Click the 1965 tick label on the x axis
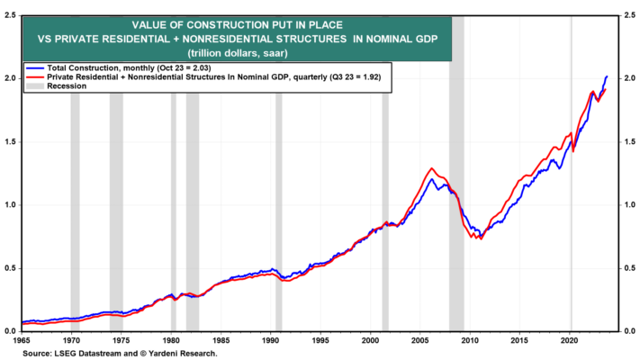(x=22, y=340)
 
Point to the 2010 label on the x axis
(x=470, y=340)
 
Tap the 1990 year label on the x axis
(x=271, y=340)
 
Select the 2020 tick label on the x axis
(x=570, y=340)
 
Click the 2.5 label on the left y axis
(x=10, y=15)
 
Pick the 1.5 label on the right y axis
(x=629, y=141)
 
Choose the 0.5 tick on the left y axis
(x=10, y=268)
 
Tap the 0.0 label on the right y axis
(x=629, y=331)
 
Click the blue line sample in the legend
(x=35, y=68)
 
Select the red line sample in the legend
(x=35, y=77)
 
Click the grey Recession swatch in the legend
(x=35, y=86)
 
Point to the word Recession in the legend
(x=67, y=86)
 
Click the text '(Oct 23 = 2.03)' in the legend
(x=184, y=68)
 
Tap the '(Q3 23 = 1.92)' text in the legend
(x=355, y=77)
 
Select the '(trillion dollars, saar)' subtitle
(x=238, y=53)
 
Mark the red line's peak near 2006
(x=431, y=168)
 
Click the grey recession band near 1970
(x=75, y=211)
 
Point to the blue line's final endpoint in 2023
(x=607, y=76)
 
